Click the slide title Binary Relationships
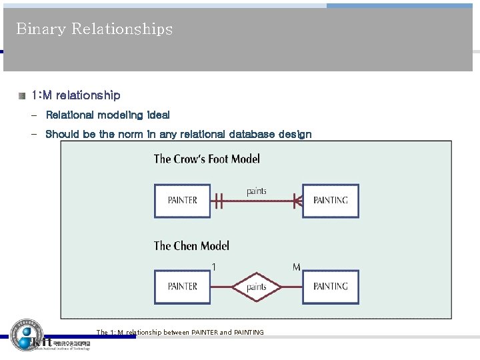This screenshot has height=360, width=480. (x=94, y=29)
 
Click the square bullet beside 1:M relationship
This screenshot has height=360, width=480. (x=22, y=96)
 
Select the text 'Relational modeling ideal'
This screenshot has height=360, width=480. (x=107, y=115)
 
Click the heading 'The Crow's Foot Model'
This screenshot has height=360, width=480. (x=207, y=159)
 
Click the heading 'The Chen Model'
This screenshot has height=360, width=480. (x=191, y=246)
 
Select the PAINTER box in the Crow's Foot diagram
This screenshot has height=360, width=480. (x=182, y=200)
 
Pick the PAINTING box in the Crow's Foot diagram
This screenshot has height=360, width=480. (x=330, y=200)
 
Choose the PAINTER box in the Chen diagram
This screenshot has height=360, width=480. (x=182, y=287)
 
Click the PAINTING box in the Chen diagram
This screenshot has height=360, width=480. (x=330, y=287)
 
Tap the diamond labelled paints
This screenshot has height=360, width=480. (x=257, y=287)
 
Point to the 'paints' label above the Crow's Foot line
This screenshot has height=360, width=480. (x=257, y=191)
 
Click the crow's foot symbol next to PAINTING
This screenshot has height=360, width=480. (x=297, y=200)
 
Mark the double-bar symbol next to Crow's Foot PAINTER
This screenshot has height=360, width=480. (x=219, y=200)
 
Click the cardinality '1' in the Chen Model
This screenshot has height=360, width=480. (x=213, y=267)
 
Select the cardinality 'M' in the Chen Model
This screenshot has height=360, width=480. (x=296, y=267)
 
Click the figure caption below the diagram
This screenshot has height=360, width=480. (x=180, y=332)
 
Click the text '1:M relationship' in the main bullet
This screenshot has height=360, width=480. (x=76, y=96)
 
